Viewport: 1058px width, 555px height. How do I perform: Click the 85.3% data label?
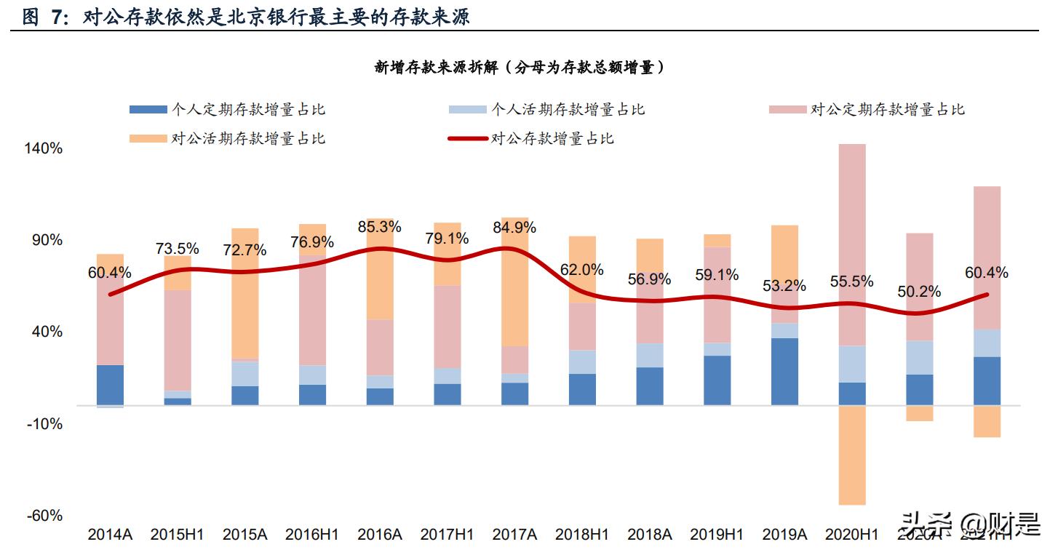click(x=380, y=227)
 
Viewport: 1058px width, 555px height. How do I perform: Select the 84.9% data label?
click(x=514, y=228)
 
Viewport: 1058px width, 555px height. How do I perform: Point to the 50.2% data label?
click(x=919, y=292)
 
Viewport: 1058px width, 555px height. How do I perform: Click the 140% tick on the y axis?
click(x=44, y=148)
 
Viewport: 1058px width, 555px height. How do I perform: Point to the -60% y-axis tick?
click(x=45, y=516)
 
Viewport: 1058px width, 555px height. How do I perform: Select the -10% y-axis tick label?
click(x=45, y=424)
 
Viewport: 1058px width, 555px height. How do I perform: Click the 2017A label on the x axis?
click(x=514, y=535)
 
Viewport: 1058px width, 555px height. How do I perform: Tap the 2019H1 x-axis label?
click(x=717, y=535)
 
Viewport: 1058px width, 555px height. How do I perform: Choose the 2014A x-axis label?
click(x=110, y=535)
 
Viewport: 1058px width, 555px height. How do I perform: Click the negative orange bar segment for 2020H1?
click(x=852, y=455)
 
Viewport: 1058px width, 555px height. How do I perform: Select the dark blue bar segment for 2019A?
click(x=784, y=371)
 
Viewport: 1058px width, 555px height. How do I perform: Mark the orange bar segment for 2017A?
click(x=514, y=282)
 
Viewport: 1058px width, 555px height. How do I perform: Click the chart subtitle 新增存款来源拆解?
click(x=521, y=68)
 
